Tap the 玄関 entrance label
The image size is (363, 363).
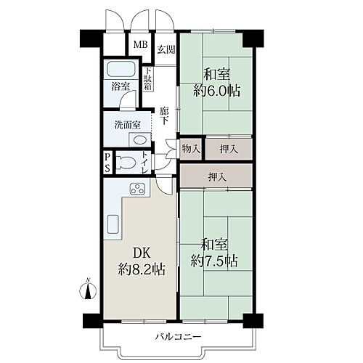click(166, 49)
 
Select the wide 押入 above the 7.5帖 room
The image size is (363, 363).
click(216, 176)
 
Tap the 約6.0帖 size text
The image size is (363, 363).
click(216, 92)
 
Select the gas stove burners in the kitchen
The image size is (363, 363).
click(137, 190)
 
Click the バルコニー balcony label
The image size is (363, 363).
click(178, 336)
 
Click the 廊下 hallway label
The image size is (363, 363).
click(166, 115)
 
